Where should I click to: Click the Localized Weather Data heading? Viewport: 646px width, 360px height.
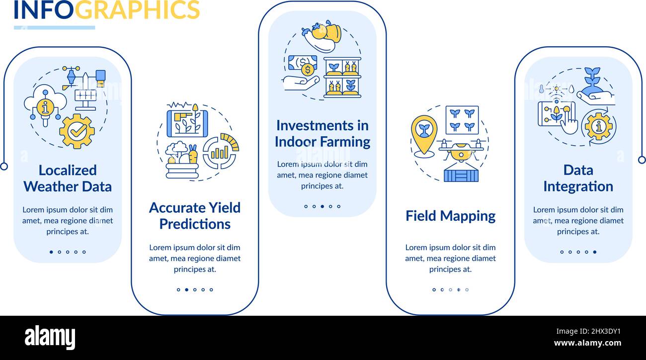pyautogui.click(x=68, y=179)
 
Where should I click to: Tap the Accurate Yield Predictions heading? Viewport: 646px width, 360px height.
pyautogui.click(x=195, y=216)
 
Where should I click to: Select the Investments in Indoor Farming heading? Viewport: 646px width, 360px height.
pyautogui.click(x=323, y=134)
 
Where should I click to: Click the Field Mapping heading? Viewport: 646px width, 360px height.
pyautogui.click(x=451, y=216)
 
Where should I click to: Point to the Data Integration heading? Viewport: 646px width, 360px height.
pyautogui.click(x=578, y=179)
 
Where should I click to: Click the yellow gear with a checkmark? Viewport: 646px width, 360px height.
pyautogui.click(x=77, y=131)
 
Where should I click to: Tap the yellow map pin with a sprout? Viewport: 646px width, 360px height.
pyautogui.click(x=424, y=134)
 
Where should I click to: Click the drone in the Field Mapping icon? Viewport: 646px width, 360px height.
pyautogui.click(x=461, y=150)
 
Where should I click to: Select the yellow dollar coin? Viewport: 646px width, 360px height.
pyautogui.click(x=308, y=70)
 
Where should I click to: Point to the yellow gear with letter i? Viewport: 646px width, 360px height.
pyautogui.click(x=599, y=126)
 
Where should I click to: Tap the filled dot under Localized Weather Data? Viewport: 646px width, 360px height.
pyautogui.click(x=51, y=252)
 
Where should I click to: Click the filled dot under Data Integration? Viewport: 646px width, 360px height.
pyautogui.click(x=595, y=252)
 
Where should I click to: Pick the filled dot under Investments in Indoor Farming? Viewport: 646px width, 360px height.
pyautogui.click(x=323, y=206)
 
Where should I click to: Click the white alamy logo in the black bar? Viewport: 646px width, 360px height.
pyautogui.click(x=50, y=338)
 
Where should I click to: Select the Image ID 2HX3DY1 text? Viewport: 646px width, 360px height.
pyautogui.click(x=588, y=331)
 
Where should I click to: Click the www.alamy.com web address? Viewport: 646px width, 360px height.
pyautogui.click(x=587, y=343)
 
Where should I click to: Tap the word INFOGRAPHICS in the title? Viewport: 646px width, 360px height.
pyautogui.click(x=107, y=10)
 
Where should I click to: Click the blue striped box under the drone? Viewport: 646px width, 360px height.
pyautogui.click(x=461, y=176)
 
